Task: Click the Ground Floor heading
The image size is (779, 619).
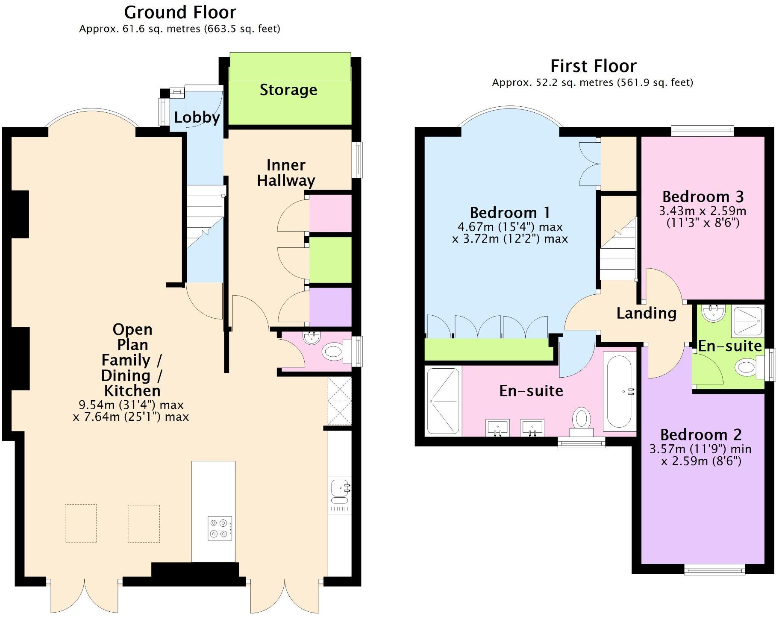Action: (x=180, y=12)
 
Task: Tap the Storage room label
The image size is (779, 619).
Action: (x=288, y=90)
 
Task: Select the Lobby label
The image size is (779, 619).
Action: (x=197, y=117)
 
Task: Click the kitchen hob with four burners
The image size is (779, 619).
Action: (x=220, y=528)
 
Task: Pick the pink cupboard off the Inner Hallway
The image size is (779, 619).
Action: (x=330, y=214)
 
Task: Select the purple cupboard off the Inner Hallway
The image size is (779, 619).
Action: (x=330, y=307)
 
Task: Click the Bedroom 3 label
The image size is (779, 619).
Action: (x=703, y=197)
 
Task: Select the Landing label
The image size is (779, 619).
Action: (x=646, y=313)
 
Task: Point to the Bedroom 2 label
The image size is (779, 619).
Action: (x=701, y=434)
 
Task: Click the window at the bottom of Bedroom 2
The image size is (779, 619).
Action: (x=714, y=569)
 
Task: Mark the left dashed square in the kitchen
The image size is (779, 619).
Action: (x=81, y=523)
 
